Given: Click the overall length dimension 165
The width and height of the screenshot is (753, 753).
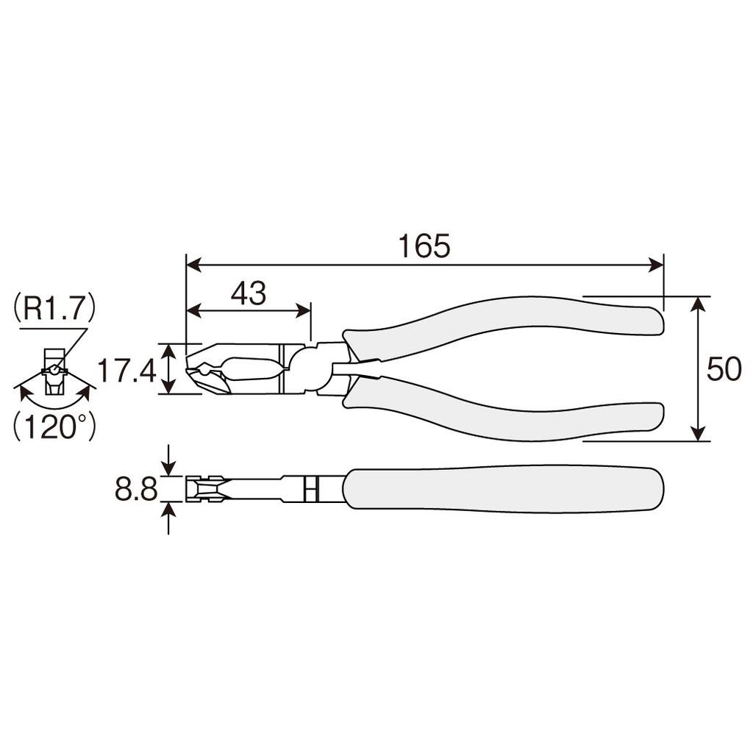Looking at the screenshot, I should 424,247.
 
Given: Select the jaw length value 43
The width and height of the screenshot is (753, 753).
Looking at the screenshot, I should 248,294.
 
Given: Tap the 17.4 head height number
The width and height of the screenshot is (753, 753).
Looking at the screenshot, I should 126,370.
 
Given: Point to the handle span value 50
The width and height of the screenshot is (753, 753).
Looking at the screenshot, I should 724,369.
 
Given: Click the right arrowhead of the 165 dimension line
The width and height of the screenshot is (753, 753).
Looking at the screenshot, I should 656,265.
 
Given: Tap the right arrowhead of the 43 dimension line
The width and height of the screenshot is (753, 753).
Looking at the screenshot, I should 303,311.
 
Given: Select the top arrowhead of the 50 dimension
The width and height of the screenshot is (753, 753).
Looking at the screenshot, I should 699,304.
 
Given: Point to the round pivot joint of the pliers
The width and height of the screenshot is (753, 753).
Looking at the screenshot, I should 309,368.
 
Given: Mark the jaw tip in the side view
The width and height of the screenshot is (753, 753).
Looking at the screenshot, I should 193,368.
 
